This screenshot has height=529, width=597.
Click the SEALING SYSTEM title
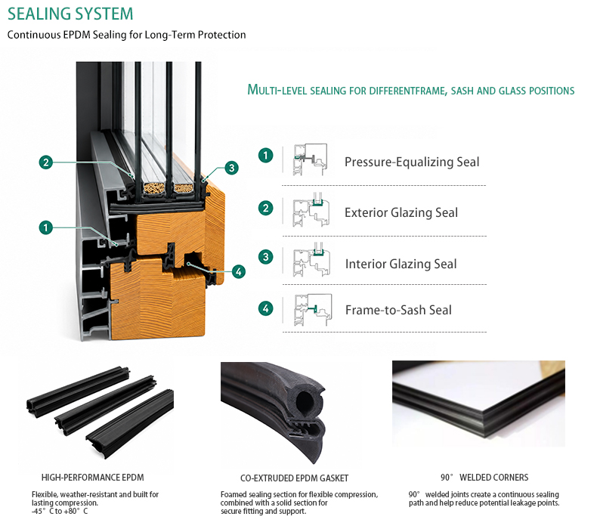tap(70, 14)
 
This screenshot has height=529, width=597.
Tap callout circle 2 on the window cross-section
tap(46, 162)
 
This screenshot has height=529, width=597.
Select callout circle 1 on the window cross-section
tap(46, 227)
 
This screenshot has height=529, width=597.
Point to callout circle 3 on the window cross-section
tap(231, 168)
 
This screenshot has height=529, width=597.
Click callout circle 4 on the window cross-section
tap(239, 271)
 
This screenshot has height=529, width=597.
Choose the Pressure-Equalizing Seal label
tap(412, 162)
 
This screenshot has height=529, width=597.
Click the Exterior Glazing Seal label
tap(401, 212)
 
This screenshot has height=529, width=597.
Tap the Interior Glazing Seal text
tap(401, 264)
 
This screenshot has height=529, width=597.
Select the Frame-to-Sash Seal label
tap(398, 310)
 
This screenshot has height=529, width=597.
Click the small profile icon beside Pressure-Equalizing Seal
tap(310, 159)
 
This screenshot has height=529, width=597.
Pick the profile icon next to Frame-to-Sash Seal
tap(313, 310)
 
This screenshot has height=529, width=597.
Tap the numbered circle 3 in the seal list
tap(266, 257)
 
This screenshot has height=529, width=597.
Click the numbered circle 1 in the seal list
tap(266, 156)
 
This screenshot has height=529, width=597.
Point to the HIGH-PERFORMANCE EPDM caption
tap(92, 477)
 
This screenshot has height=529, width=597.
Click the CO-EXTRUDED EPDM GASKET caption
tap(294, 478)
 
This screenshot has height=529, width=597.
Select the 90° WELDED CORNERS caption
tap(484, 477)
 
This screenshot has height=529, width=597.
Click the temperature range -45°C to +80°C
tap(60, 511)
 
